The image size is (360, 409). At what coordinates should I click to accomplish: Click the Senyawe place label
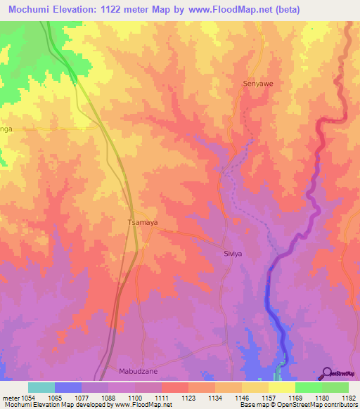point(257,83)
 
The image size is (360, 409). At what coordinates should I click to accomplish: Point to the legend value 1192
point(347,398)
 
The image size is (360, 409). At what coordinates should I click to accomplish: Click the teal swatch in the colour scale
point(41,387)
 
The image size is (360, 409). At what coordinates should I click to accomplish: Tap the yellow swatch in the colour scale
point(282,387)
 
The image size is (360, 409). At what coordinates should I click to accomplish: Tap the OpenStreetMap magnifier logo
point(327,372)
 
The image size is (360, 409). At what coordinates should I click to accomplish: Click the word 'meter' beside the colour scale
point(11,398)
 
